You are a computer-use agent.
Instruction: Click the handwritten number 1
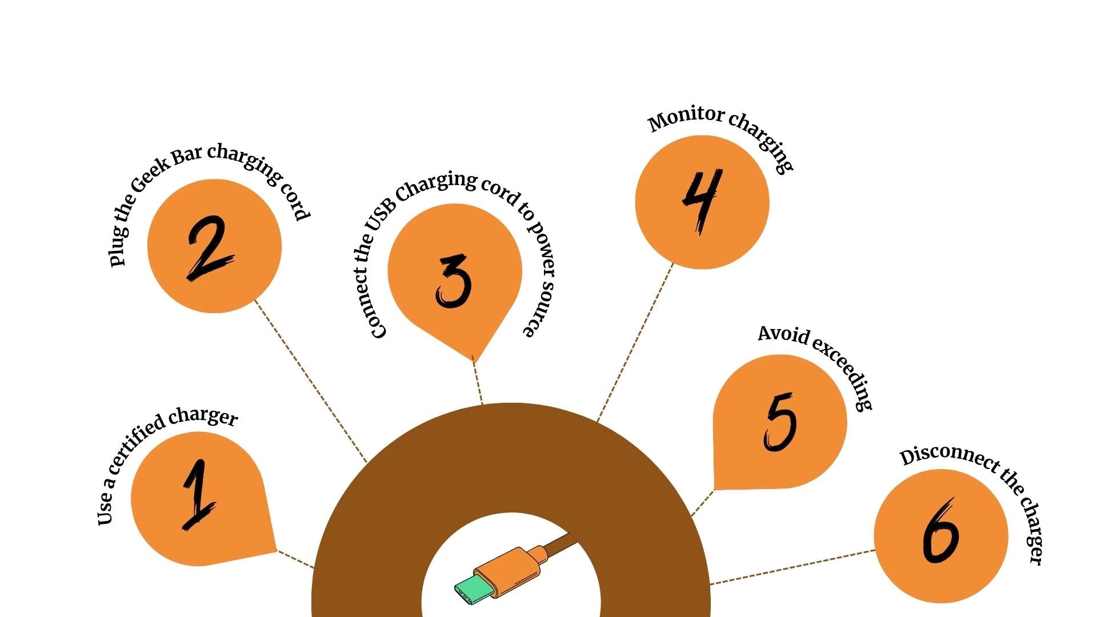tap(198, 495)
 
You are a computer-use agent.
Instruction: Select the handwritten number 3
tap(454, 281)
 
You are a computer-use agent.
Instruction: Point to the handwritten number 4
tap(703, 201)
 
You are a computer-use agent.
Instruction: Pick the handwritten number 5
tap(780, 422)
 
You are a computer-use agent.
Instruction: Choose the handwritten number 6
tap(940, 531)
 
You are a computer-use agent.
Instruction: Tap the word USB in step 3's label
tap(379, 214)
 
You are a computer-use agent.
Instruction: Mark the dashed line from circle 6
tap(792, 567)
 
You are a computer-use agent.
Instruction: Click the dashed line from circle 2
tap(311, 380)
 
